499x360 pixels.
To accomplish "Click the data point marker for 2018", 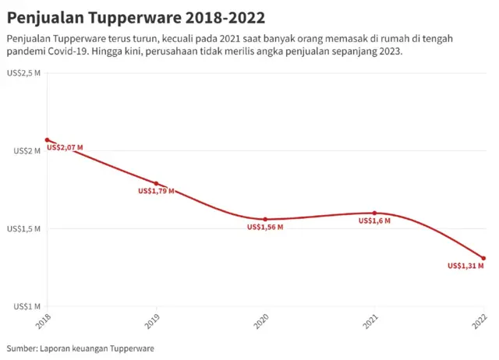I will point(47,140).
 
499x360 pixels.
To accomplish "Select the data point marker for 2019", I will point(156,184).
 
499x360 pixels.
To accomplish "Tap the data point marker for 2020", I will point(265,220).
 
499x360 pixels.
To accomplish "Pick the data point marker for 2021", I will point(374,213).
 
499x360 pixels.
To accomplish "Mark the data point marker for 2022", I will point(483,258).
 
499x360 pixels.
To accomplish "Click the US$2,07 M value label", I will point(65,147).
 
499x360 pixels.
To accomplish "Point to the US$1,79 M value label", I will point(156,191).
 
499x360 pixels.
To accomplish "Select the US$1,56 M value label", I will point(265,228).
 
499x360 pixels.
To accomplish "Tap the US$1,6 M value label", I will point(374,221).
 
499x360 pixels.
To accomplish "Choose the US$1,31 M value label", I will point(465,266).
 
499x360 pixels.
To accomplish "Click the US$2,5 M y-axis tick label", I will point(26,73).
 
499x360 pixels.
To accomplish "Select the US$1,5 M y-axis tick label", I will point(26,229).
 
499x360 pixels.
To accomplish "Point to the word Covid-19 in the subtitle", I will point(66,51).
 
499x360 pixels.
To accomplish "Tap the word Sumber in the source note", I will point(20,348).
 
